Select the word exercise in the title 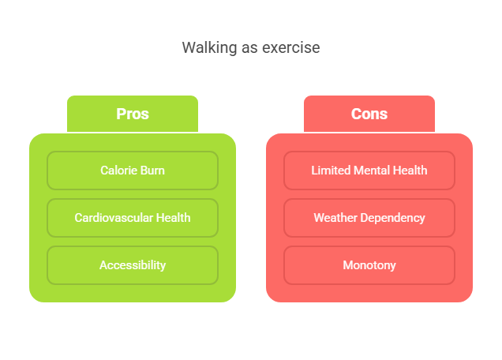291,47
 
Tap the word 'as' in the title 249,49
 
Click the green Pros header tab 133,114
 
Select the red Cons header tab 369,114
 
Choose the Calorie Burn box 133,171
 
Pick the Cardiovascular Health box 133,218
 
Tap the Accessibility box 133,265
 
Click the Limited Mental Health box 369,171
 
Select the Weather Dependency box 369,218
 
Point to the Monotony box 369,265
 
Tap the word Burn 152,171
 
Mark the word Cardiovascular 114,218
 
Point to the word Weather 335,218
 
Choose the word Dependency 392,219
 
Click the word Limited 331,171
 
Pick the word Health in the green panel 173,218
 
